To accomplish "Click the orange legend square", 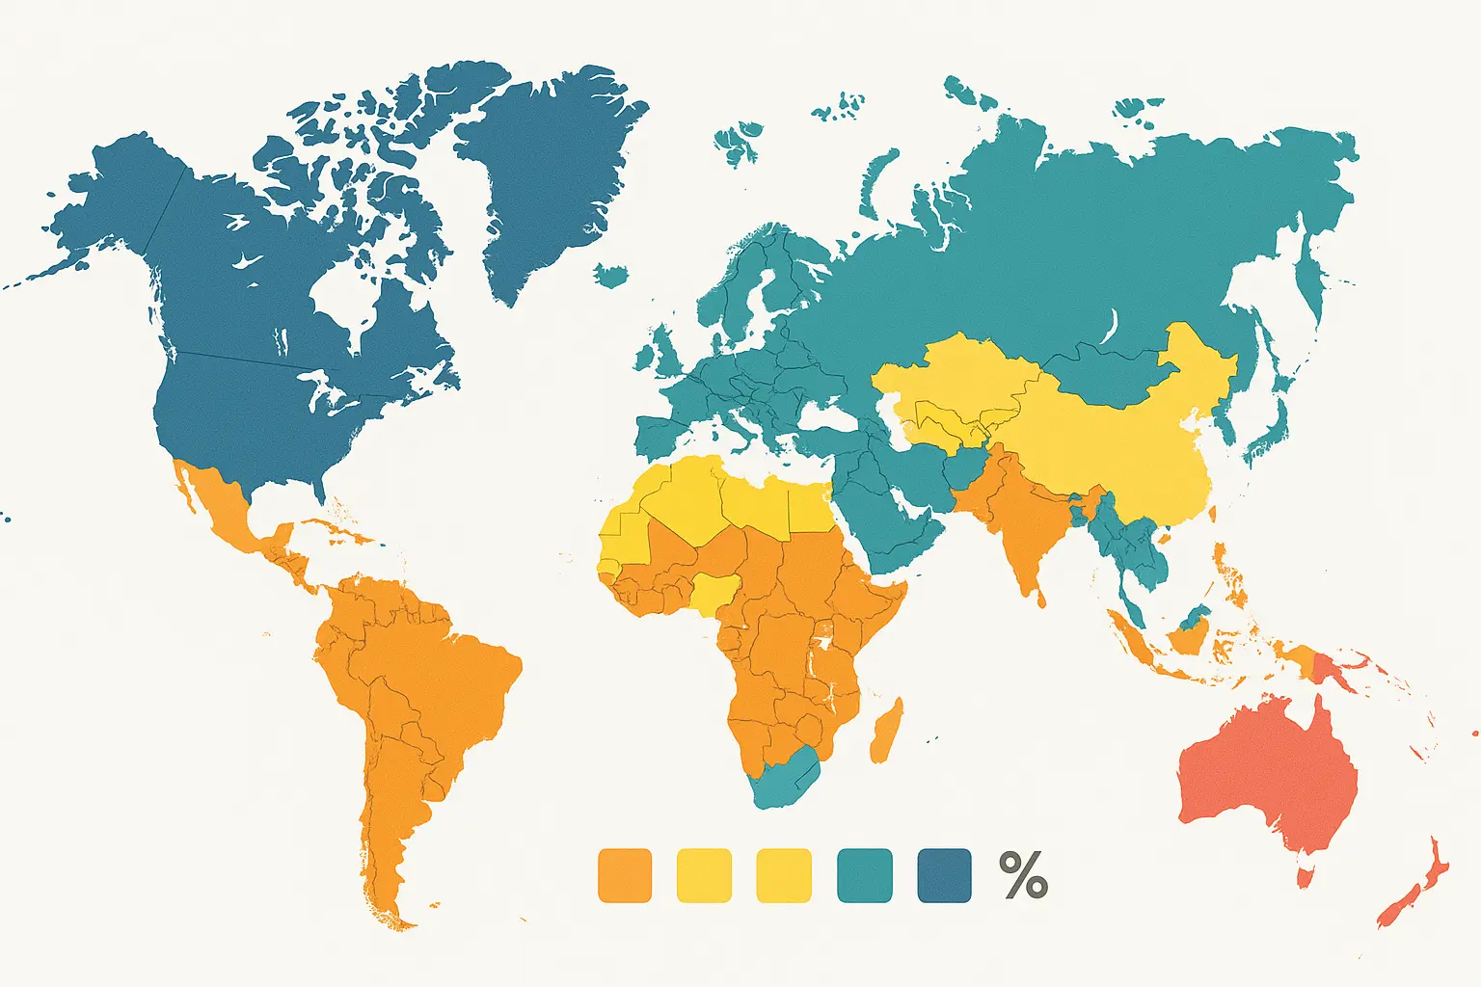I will click(x=625, y=875).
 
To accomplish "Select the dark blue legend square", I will click(x=944, y=875).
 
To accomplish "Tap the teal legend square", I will click(x=864, y=875).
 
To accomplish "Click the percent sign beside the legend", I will click(x=1023, y=875).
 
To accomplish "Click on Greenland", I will click(x=550, y=164).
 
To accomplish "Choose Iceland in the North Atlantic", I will click(x=611, y=277).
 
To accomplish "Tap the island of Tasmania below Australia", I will click(x=1306, y=877).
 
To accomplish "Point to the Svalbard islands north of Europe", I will click(x=740, y=140).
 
